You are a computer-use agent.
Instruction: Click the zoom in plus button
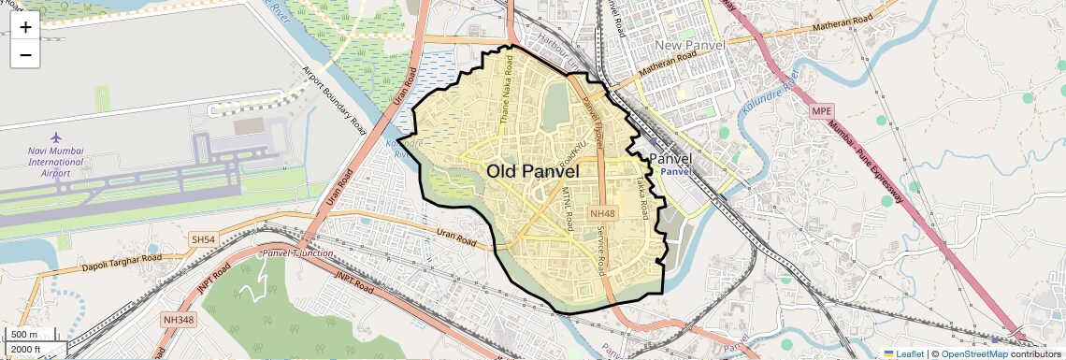[x=25, y=27]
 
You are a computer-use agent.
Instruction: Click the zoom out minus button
[x=25, y=55]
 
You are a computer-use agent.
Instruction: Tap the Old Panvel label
[x=533, y=172]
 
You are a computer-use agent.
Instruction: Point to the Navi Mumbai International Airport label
[x=56, y=162]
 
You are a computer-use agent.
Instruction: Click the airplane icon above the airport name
[x=56, y=138]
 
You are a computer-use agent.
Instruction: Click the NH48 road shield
[x=600, y=214]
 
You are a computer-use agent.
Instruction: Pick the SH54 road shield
[x=203, y=240]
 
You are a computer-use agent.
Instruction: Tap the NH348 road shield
[x=178, y=320]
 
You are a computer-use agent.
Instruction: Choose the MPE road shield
[x=821, y=111]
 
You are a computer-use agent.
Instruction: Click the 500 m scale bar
[x=24, y=335]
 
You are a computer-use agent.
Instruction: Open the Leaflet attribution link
[x=904, y=353]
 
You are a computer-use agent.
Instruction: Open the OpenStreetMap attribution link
[x=974, y=353]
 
